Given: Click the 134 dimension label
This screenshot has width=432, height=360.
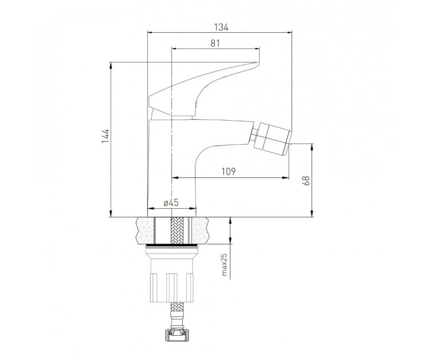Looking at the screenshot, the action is coord(221,27).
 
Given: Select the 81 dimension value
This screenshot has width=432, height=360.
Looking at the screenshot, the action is coord(215,43).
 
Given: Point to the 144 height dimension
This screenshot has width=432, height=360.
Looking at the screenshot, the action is coord(106,136).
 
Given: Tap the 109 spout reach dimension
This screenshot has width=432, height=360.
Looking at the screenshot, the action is coord(229,171).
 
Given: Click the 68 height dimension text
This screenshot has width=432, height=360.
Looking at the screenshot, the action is coord(306,181).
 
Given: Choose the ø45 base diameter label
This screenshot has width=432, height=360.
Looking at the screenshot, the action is coord(171,203).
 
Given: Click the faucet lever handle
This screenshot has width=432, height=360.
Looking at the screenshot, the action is coord(204,89).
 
